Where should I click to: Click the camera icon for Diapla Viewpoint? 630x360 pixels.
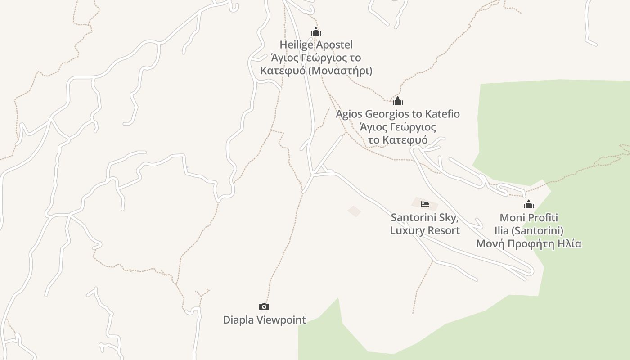[264, 306]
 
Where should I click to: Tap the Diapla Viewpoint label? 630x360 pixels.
[264, 320]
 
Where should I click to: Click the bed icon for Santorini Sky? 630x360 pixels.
[425, 204]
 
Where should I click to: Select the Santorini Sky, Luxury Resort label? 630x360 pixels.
[425, 224]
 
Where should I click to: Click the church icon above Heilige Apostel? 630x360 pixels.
[316, 32]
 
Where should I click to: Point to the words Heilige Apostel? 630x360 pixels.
[316, 45]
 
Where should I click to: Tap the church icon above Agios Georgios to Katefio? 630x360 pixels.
[398, 101]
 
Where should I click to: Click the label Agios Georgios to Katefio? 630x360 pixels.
[398, 114]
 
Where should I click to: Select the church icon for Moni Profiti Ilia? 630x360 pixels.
[529, 205]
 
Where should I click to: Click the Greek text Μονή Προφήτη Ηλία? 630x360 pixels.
[529, 244]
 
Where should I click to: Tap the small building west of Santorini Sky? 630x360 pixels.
[354, 211]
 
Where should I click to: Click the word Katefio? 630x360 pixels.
[442, 114]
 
